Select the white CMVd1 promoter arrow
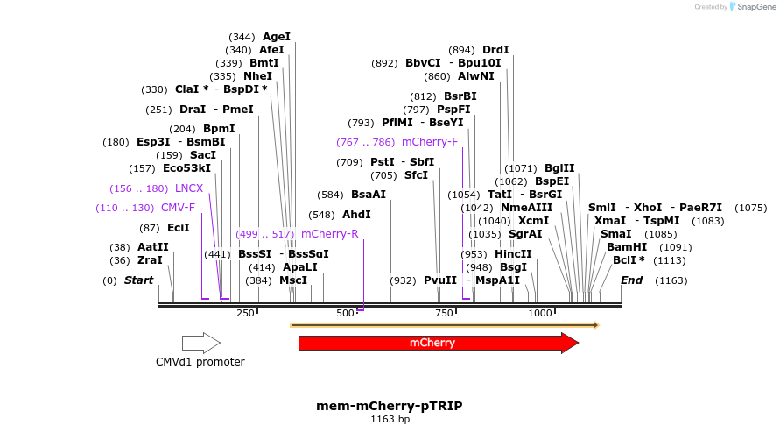tap(200, 343)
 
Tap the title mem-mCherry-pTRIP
tap(389, 406)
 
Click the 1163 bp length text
tap(390, 420)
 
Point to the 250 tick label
tap(245, 313)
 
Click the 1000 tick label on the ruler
tap(540, 313)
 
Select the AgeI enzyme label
tap(277, 37)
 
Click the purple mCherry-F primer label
tap(430, 141)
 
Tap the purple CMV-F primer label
tap(178, 208)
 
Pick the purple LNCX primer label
tap(189, 188)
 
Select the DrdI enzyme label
tap(495, 50)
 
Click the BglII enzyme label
tap(559, 168)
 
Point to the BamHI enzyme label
tap(627, 247)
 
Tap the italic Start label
tap(138, 280)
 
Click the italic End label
tap(631, 280)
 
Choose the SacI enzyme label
tap(203, 155)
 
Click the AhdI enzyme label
tap(356, 215)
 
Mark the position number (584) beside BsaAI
tap(330, 195)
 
